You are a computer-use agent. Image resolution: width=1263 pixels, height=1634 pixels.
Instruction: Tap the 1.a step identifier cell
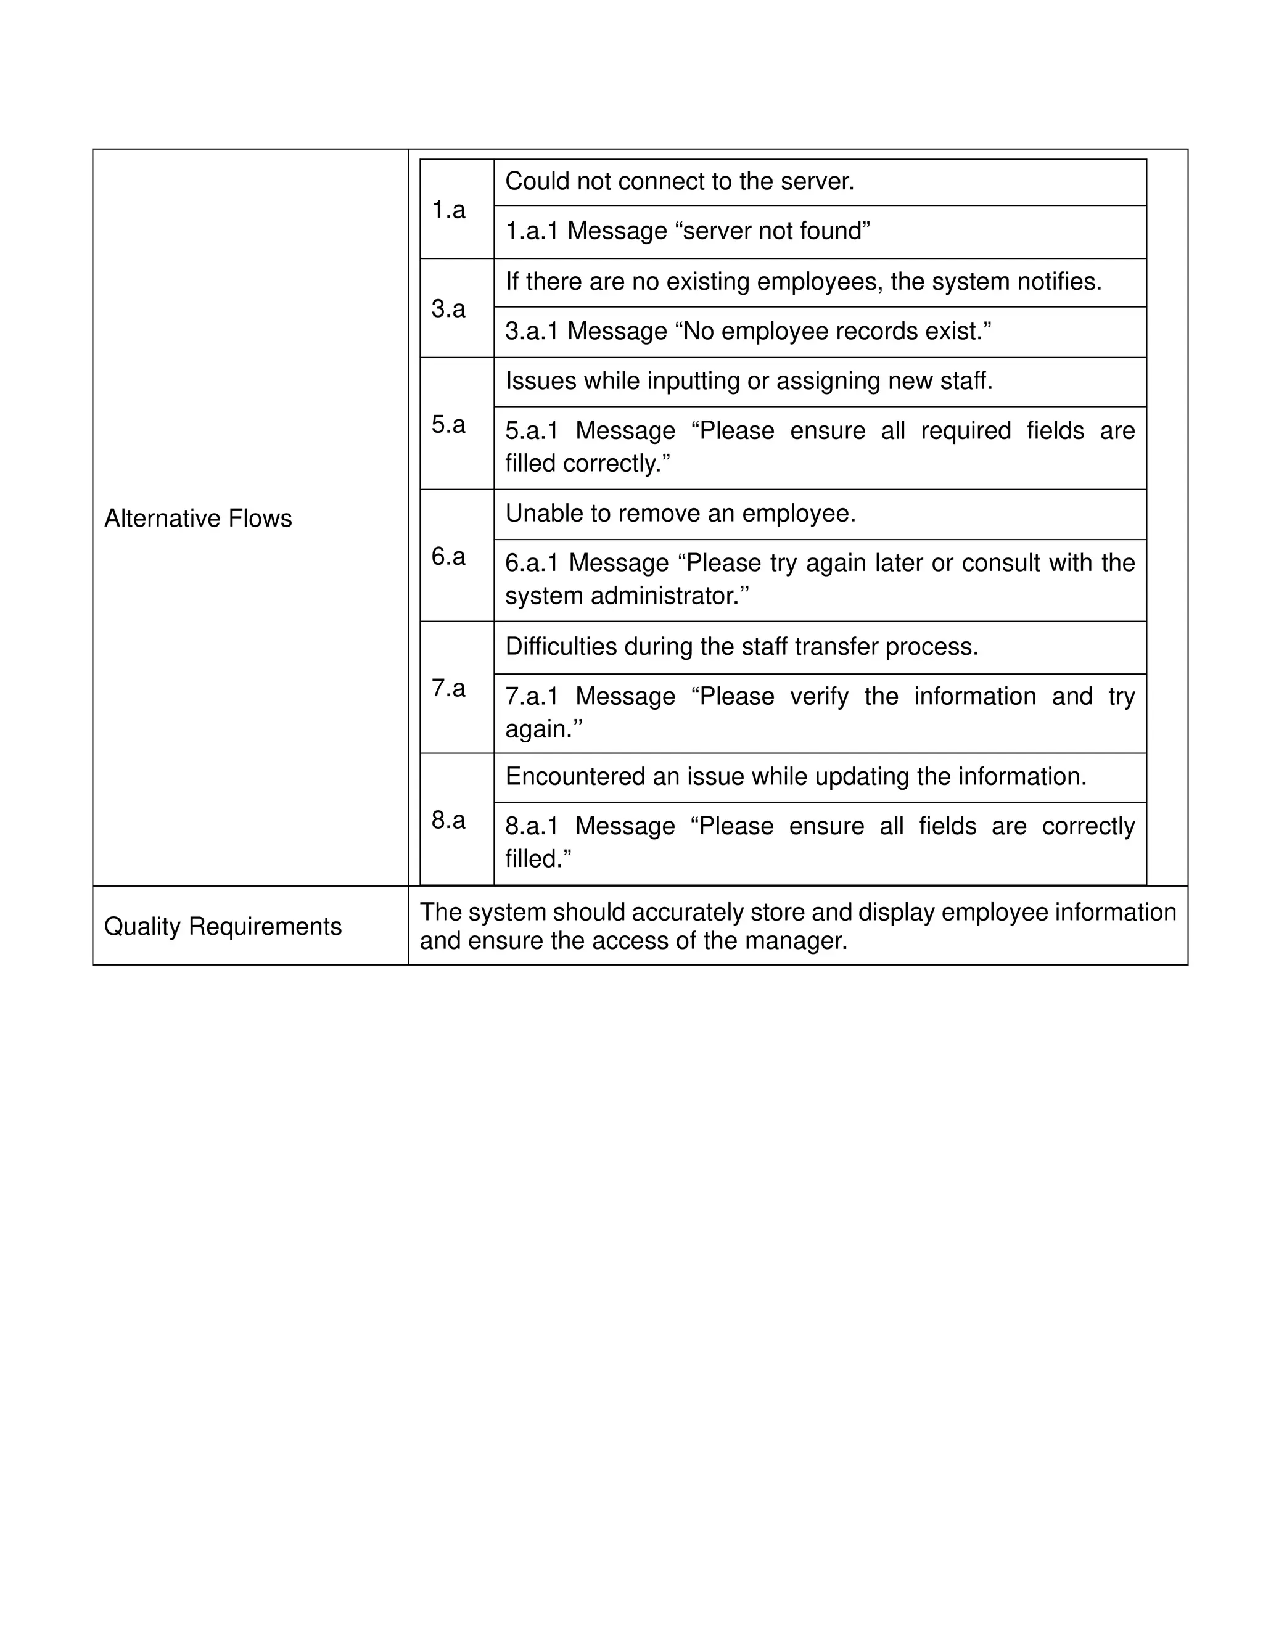[x=448, y=210]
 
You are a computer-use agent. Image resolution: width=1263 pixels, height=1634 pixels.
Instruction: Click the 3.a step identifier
[x=448, y=308]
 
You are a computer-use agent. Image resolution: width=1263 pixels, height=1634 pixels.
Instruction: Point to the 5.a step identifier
[x=448, y=424]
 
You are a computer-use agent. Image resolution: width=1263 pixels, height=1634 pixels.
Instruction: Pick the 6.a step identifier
[x=448, y=556]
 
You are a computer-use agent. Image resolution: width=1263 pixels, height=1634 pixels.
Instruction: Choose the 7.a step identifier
[x=448, y=688]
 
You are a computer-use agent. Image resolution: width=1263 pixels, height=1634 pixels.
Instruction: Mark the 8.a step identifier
[x=448, y=820]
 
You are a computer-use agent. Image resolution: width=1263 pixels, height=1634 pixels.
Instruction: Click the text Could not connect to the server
[x=680, y=181]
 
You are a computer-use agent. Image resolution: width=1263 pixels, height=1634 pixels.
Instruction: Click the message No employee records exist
[x=836, y=330]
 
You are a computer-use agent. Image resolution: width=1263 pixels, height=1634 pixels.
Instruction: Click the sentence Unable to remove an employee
[x=680, y=513]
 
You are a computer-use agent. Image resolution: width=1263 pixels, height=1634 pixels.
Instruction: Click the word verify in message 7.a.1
[x=820, y=696]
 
